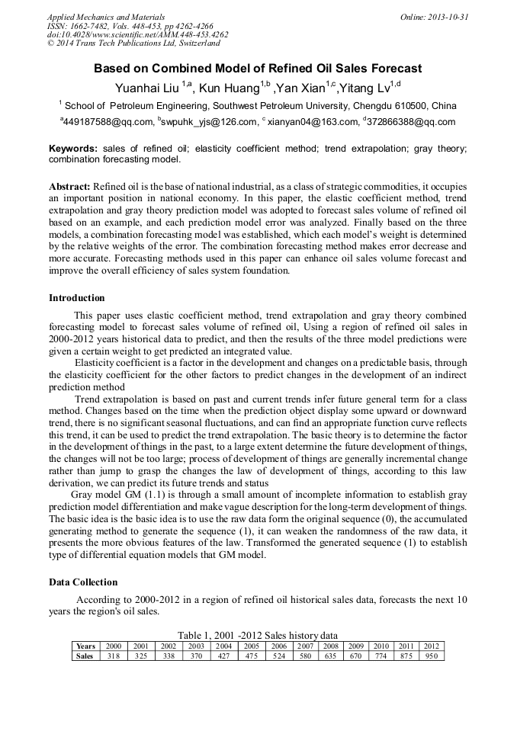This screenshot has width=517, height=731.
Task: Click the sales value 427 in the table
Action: [223, 656]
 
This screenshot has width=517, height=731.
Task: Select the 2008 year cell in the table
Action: [330, 646]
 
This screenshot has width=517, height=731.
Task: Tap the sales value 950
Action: [431, 656]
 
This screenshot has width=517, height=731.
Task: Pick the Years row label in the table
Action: [85, 646]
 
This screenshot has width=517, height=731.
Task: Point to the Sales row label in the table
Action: [85, 656]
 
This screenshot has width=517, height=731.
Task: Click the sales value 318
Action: [113, 656]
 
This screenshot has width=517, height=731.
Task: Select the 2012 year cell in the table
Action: [431, 646]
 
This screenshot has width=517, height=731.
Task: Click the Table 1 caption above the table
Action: [257, 635]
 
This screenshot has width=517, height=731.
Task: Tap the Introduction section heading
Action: [77, 297]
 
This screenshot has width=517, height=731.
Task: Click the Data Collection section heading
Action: [83, 582]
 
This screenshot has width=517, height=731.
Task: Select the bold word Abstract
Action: [69, 187]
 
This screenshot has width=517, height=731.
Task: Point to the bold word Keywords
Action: [73, 149]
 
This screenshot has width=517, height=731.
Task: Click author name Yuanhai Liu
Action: [147, 87]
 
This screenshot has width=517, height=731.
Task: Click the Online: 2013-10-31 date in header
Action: [435, 17]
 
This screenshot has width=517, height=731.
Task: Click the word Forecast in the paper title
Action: [395, 68]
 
